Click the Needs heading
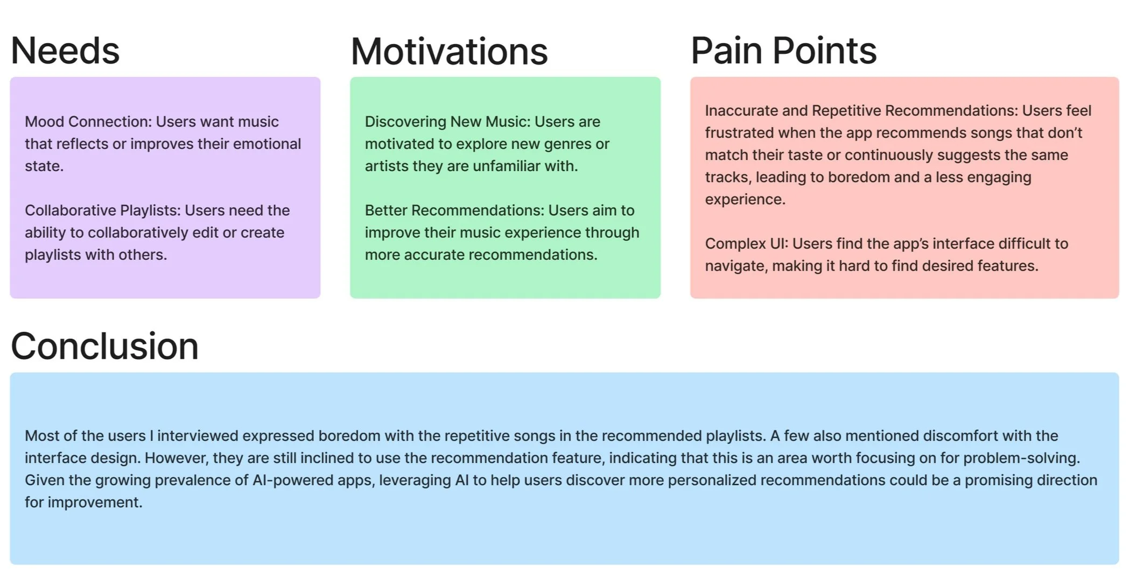coord(65,51)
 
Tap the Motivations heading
coord(449,52)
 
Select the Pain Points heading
coord(783,51)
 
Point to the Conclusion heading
coord(104,346)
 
